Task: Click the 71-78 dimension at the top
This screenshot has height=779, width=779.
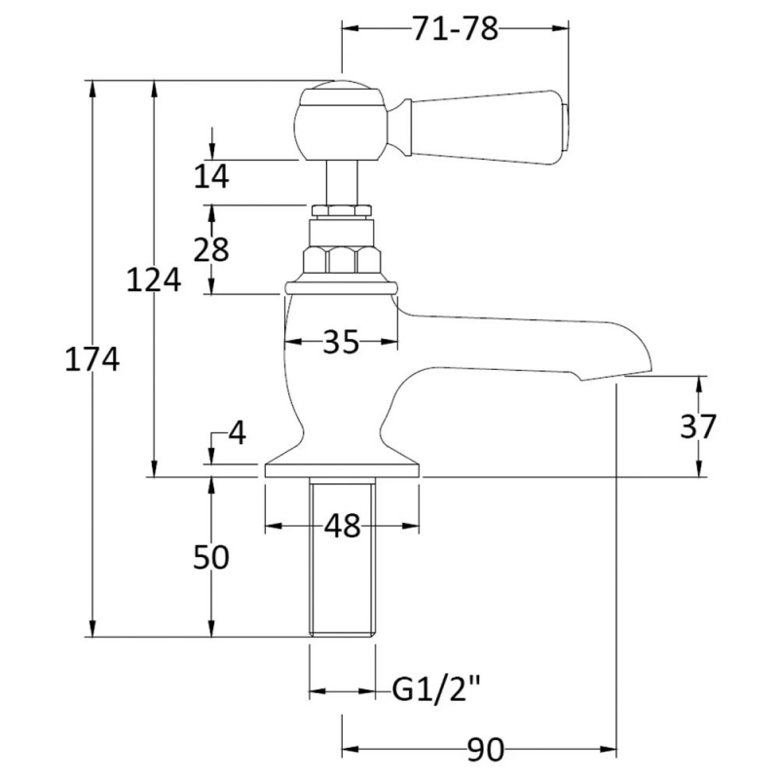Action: point(455,29)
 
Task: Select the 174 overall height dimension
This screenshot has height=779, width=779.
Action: point(93,359)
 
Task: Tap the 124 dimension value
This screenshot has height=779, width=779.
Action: point(154,279)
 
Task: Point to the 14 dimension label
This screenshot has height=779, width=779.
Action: point(211,175)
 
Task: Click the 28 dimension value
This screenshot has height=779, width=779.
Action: point(211,249)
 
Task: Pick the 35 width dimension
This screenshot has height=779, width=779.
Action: point(341,342)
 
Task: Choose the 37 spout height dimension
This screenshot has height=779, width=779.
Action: point(698,427)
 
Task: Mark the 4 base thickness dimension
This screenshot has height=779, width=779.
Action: point(237,433)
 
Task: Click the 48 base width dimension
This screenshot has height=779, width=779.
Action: point(342,526)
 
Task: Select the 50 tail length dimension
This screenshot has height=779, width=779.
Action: point(211,556)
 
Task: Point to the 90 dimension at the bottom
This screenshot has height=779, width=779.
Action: point(486,749)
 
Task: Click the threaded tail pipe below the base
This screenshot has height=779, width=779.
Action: point(342,557)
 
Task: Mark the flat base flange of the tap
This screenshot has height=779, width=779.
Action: point(342,471)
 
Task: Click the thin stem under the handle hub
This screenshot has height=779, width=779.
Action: point(342,183)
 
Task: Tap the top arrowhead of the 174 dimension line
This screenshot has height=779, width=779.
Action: point(93,86)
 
